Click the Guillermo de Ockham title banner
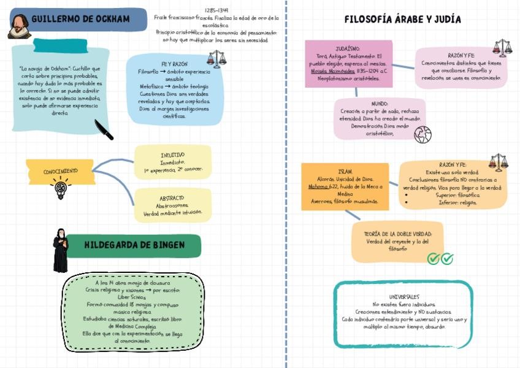tap(86, 20)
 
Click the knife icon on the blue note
tap(104, 129)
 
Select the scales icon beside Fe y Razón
tap(216, 59)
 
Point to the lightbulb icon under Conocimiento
tap(60, 189)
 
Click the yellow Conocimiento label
tap(60, 171)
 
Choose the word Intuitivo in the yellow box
tap(172, 155)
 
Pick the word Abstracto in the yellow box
tap(172, 198)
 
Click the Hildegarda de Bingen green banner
tap(134, 245)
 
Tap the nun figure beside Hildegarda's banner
tap(60, 250)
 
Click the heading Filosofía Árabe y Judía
tap(402, 19)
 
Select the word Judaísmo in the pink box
tap(348, 48)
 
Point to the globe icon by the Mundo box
tap(422, 135)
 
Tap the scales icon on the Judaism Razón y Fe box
tap(502, 48)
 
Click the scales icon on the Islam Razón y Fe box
tap(498, 162)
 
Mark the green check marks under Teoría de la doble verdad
tap(440, 259)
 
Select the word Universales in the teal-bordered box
tap(403, 297)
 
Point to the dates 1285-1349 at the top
tap(216, 10)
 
